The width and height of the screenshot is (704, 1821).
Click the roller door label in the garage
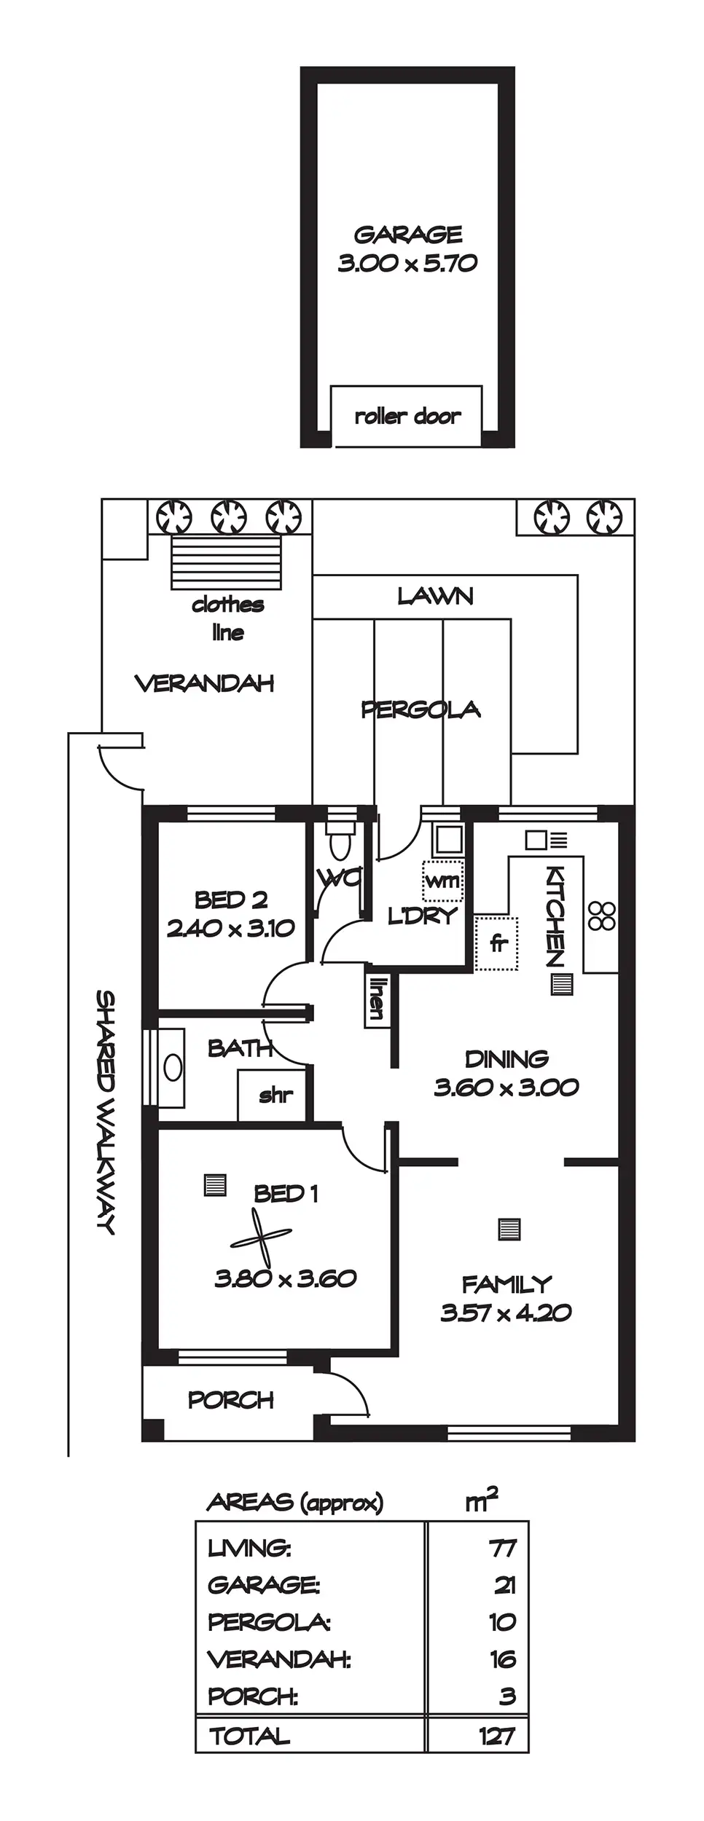[407, 417]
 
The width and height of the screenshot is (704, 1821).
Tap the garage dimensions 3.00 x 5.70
[407, 262]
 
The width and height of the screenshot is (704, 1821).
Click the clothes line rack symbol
[227, 563]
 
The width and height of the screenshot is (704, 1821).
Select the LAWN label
[435, 597]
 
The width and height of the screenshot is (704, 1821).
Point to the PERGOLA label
[421, 709]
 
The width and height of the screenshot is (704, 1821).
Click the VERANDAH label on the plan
[205, 683]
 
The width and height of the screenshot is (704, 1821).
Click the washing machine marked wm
[442, 881]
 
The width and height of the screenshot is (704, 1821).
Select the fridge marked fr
[496, 943]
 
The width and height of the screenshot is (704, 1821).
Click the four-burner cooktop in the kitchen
[603, 916]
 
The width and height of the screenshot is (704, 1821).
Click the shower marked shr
[275, 1095]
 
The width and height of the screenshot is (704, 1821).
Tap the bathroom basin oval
[173, 1068]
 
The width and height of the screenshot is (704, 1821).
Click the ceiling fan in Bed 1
[261, 1236]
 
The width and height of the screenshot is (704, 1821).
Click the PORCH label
[230, 1399]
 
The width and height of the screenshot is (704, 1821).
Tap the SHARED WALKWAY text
[106, 1112]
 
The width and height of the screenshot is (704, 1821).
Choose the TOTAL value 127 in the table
[498, 1736]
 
